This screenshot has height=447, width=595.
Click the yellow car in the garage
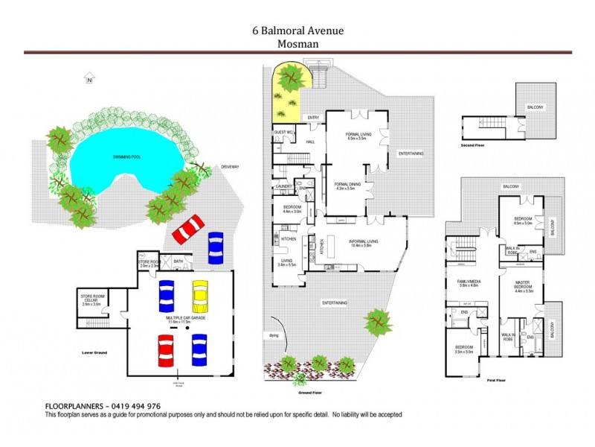coord(199,295)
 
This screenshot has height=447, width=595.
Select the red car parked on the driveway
coord(188,229)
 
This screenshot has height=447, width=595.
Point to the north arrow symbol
coord(89,78)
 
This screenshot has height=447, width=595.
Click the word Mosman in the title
coord(297,43)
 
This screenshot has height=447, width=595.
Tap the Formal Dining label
coord(347,186)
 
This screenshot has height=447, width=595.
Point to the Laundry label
coord(283,186)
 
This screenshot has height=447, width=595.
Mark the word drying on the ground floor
coord(273,335)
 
